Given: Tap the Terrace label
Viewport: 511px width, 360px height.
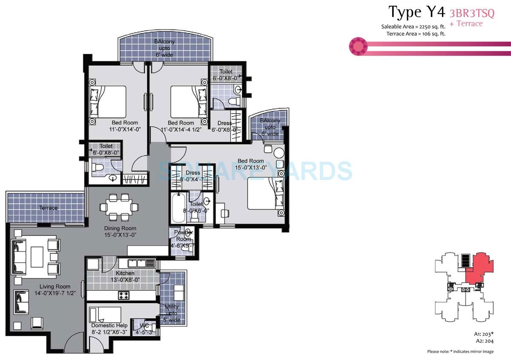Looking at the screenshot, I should (49, 208).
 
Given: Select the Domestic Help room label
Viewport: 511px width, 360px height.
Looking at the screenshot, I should (109, 326).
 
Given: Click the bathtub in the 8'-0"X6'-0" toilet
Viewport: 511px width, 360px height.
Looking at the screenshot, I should (178, 208).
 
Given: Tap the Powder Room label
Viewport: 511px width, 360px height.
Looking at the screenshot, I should (183, 236).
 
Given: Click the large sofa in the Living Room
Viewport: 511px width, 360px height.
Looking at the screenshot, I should (20, 257).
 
